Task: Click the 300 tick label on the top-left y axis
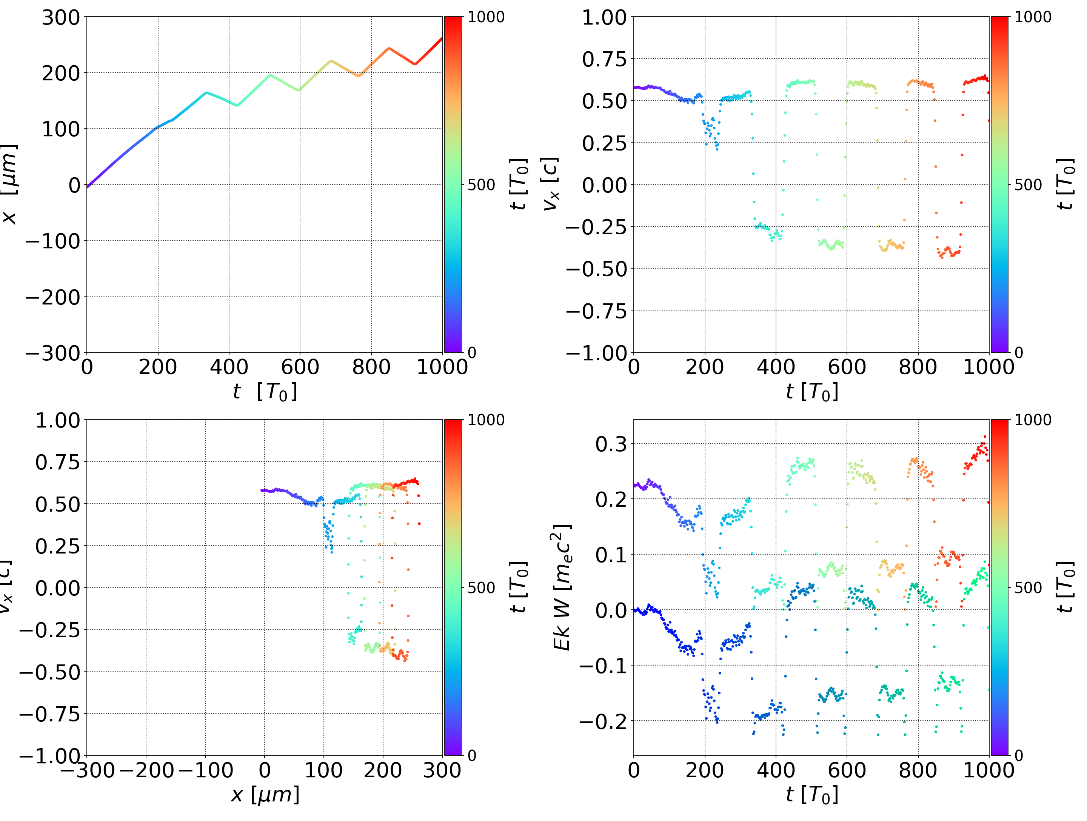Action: click(60, 18)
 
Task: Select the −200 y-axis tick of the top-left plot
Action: click(52, 297)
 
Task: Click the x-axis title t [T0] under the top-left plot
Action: click(265, 392)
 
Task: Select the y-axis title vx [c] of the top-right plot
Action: click(550, 184)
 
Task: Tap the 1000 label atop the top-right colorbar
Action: click(1033, 17)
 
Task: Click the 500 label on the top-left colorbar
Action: click(481, 185)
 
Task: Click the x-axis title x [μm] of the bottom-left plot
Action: click(265, 795)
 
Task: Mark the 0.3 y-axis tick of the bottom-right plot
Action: click(611, 444)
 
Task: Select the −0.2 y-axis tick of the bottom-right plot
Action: click(603, 721)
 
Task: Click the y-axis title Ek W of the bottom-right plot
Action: click(562, 587)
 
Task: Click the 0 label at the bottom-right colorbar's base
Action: click(1019, 755)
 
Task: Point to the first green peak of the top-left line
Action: click(270, 75)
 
